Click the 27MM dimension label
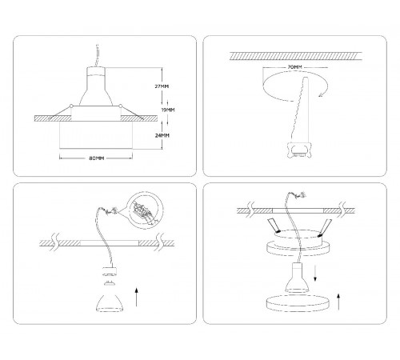(162, 86)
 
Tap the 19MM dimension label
(168, 110)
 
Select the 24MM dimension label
(162, 135)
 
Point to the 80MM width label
(96, 158)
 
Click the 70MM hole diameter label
(294, 67)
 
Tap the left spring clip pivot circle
(71, 106)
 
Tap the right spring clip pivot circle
(120, 106)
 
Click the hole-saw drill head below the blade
(298, 150)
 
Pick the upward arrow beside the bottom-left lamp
(137, 297)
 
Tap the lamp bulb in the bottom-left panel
(110, 303)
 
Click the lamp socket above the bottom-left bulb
(110, 271)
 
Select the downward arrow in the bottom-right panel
(315, 273)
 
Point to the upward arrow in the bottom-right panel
(338, 302)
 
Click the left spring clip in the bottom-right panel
(274, 226)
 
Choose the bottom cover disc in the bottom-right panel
(297, 303)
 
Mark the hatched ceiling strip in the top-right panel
(296, 56)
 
